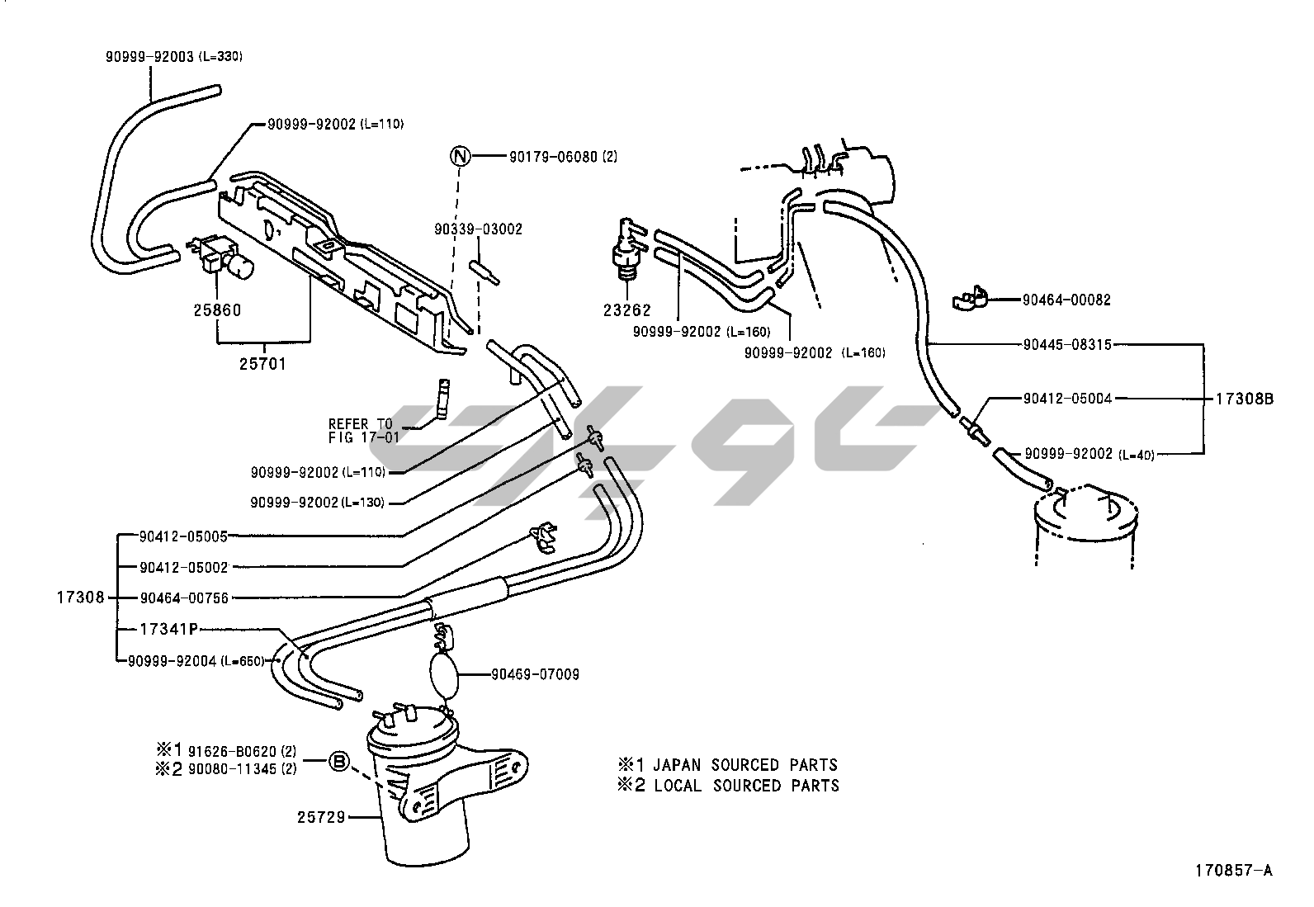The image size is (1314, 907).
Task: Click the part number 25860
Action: [217, 310]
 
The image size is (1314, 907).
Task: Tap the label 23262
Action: [626, 310]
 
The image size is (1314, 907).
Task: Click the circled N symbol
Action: [461, 156]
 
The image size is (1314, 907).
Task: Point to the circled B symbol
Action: [338, 762]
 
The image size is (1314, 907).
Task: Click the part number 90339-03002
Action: [479, 229]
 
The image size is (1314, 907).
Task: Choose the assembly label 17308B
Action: [1245, 399]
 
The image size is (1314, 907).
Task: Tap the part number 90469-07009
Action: [535, 674]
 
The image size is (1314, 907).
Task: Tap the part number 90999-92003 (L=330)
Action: [173, 56]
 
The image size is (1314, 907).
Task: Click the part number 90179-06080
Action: [552, 156]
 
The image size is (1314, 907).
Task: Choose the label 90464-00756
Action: [183, 598]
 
